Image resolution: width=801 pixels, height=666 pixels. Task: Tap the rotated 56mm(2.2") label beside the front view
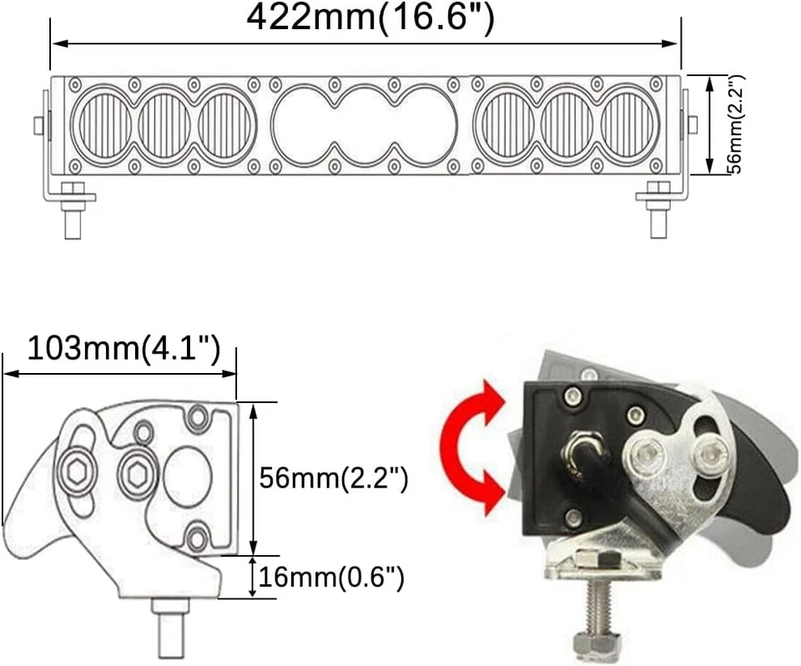click(x=735, y=124)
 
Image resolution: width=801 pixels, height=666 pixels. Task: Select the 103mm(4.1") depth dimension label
click(x=123, y=348)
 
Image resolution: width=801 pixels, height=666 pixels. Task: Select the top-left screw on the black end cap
click(x=572, y=395)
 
